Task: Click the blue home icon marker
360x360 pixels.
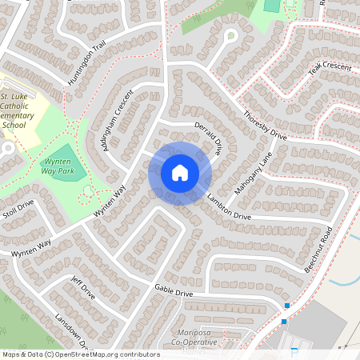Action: click(180, 173)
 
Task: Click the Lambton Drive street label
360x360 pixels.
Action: click(229, 206)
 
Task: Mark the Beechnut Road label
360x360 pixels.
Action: click(318, 250)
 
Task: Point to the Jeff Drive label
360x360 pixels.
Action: click(83, 288)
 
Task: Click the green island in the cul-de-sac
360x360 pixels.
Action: click(231, 35)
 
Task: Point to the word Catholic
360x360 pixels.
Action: click(15, 106)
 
